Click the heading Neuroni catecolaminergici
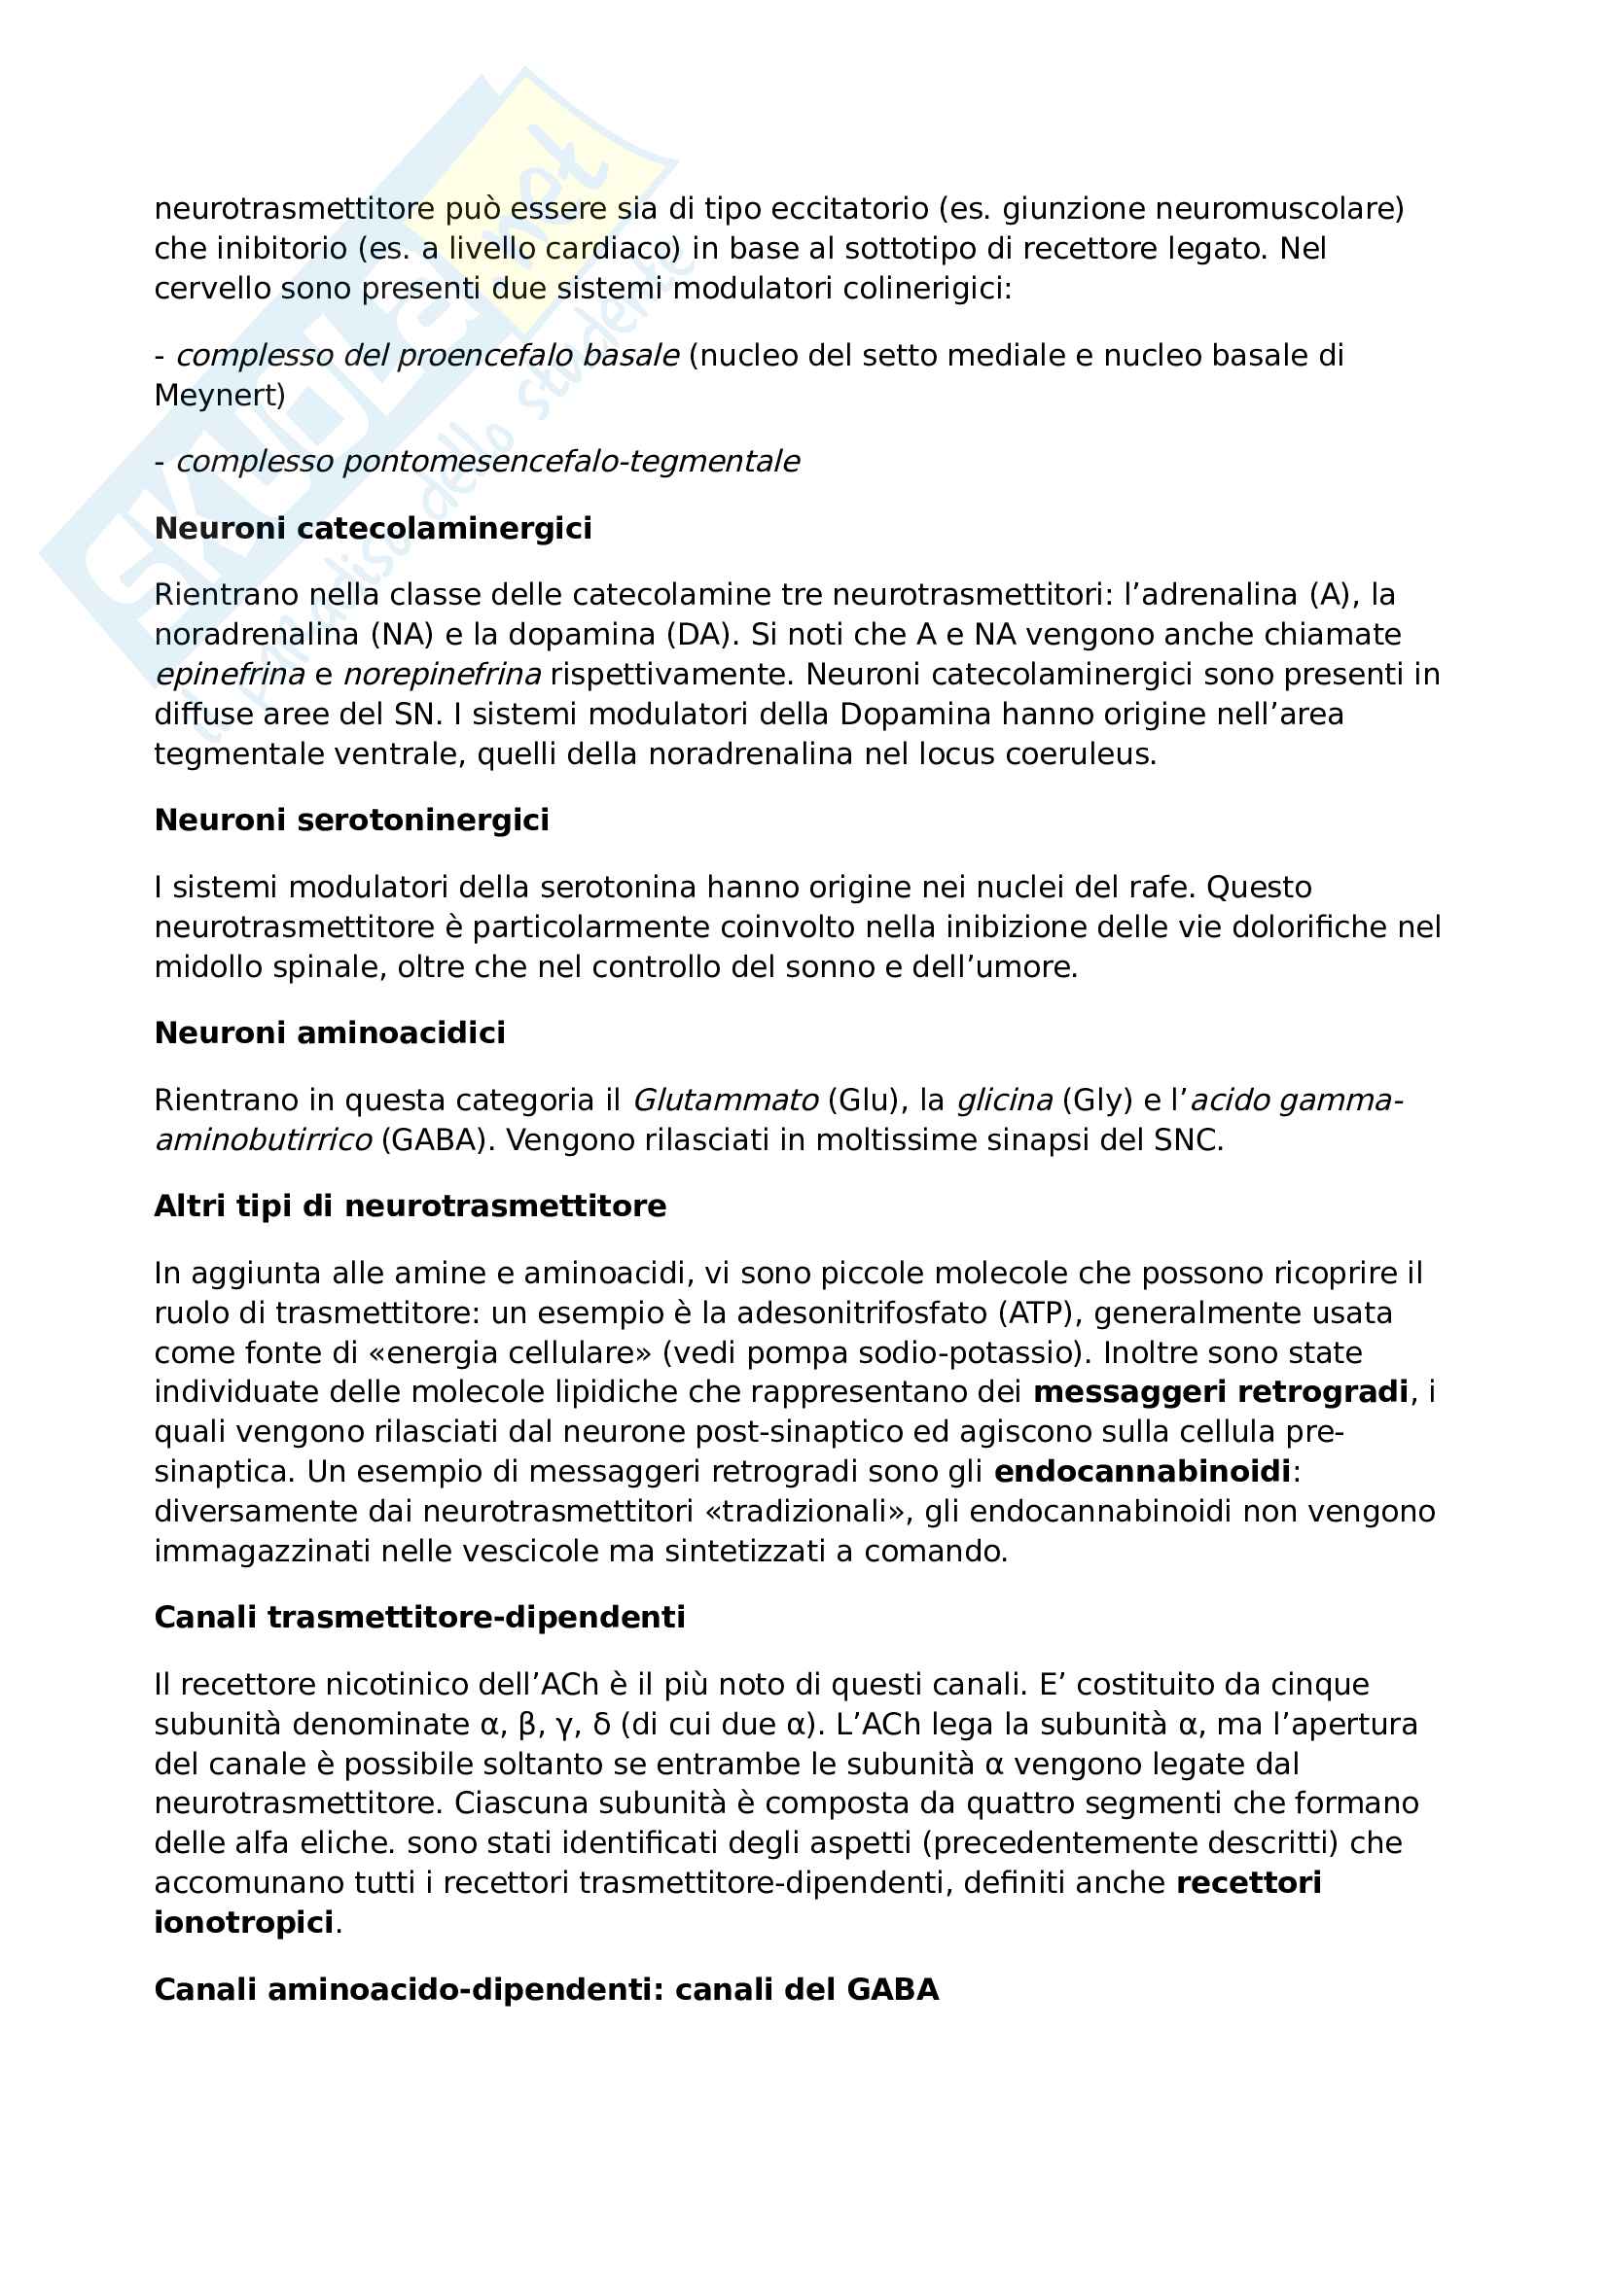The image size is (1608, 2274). pos(373,528)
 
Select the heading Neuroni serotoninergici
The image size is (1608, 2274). pos(352,821)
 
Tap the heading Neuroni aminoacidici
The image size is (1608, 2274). pos(330,1033)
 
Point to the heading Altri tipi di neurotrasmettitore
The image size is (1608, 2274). pos(411,1207)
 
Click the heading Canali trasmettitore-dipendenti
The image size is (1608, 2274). pos(420,1618)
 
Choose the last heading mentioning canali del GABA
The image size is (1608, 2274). pos(546,1990)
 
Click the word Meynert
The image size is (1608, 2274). pos(219,395)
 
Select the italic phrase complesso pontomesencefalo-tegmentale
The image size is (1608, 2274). pos(487,462)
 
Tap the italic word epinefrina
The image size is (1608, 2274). pos(229,675)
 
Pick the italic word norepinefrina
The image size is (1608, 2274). pos(442,675)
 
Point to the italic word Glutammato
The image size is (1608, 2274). pos(726,1101)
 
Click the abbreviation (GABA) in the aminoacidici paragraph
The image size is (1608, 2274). pos(437,1140)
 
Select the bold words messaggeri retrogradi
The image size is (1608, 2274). pos(1221,1392)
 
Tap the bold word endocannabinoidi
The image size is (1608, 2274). pos(1142,1472)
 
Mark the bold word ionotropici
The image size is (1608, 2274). pos(244,1922)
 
